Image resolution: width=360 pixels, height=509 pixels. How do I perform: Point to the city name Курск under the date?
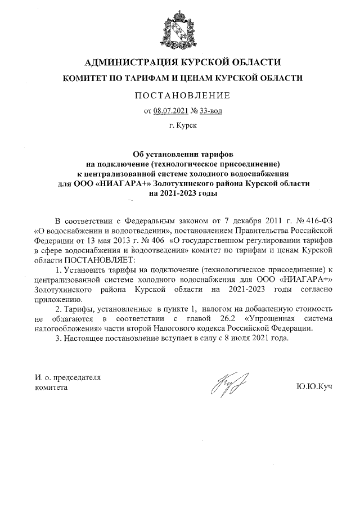[x=186, y=127]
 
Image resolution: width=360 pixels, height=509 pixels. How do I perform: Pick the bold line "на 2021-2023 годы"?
[x=180, y=192]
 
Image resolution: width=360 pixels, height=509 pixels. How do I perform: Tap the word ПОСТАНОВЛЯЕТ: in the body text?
[x=100, y=260]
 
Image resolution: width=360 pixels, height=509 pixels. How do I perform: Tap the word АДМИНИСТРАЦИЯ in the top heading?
[x=126, y=62]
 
